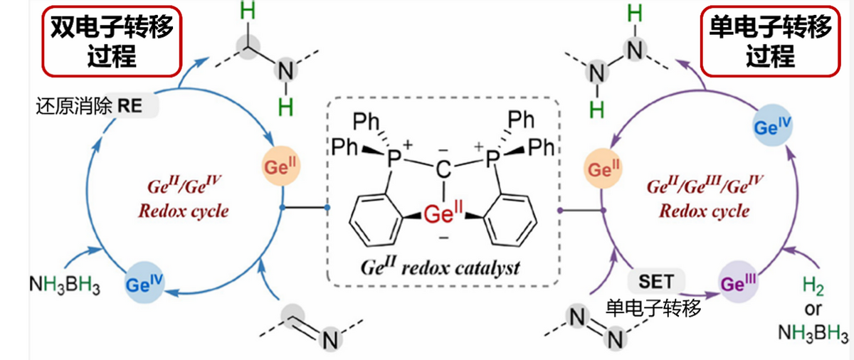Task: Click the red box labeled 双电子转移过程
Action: pos(110,41)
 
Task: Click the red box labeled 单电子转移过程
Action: pos(770,41)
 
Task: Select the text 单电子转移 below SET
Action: pos(653,307)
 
